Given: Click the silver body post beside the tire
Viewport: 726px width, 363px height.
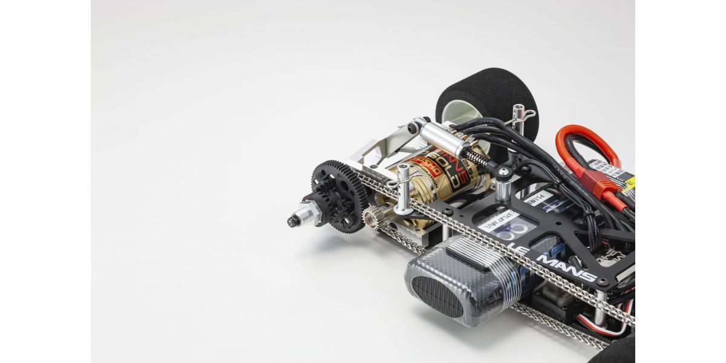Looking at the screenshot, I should pyautogui.click(x=518, y=118).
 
